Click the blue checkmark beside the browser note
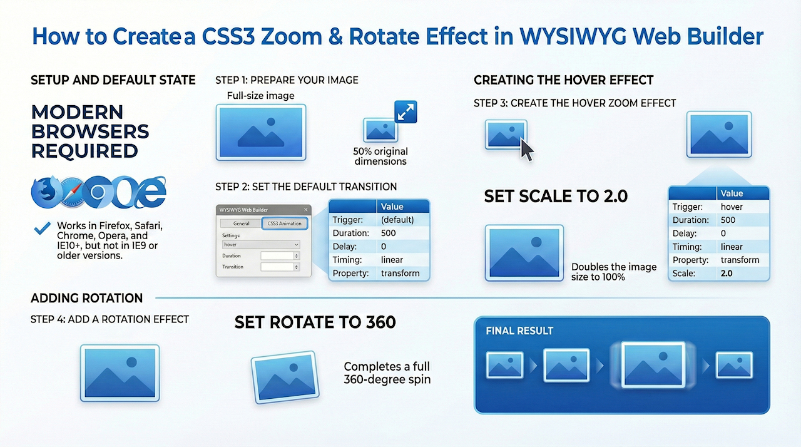pos(43,228)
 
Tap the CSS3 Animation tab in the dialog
pos(284,223)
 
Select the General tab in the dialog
pos(241,223)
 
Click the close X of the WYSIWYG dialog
pos(306,210)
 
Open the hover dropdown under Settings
pos(261,245)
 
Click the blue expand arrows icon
pos(406,112)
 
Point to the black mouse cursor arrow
pos(527,150)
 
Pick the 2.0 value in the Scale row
pos(727,274)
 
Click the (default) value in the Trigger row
pos(397,220)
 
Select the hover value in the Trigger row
pos(732,207)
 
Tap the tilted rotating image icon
pos(285,378)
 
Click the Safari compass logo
pos(71,192)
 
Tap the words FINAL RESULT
pos(519,331)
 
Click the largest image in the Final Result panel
pos(653,365)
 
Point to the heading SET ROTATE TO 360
pos(315,322)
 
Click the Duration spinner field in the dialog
pos(280,255)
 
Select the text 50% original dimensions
pos(380,157)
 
